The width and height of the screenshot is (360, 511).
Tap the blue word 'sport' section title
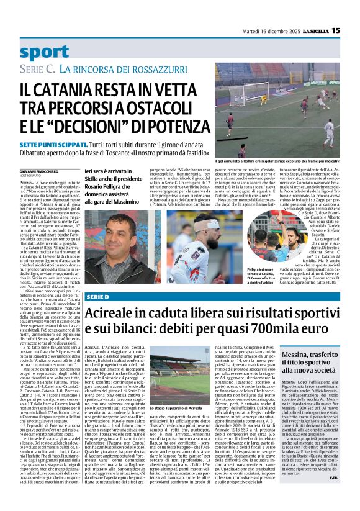pos(45,52)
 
